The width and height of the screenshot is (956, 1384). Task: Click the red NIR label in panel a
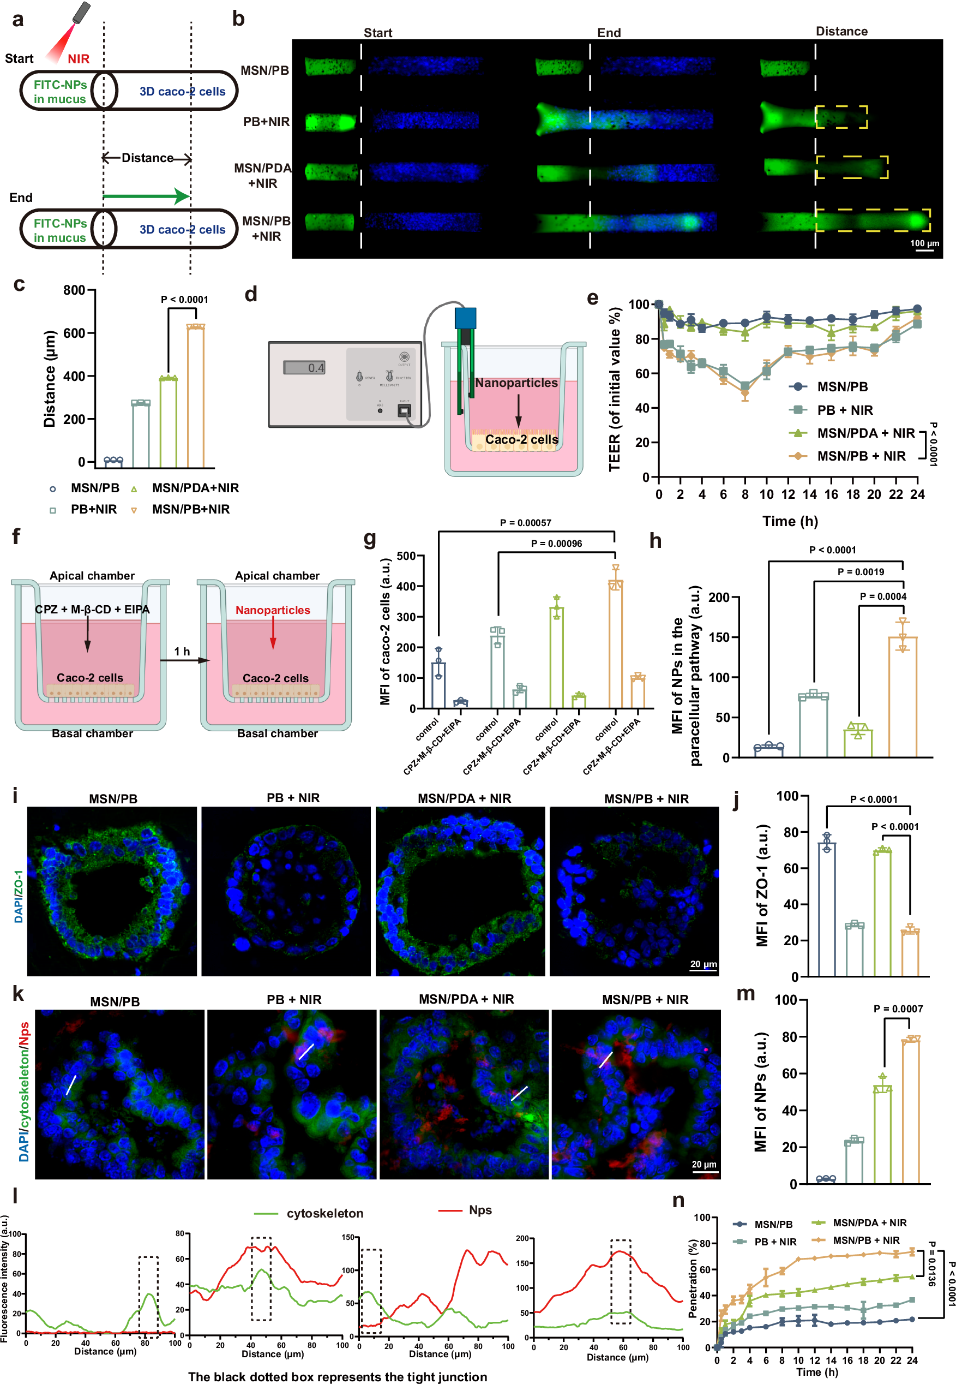[x=79, y=59]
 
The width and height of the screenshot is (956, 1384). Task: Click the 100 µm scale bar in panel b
[x=924, y=250]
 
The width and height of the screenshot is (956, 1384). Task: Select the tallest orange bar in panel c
[x=196, y=396]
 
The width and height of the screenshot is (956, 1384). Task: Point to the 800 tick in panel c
[x=74, y=290]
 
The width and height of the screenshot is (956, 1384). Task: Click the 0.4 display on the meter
[x=305, y=367]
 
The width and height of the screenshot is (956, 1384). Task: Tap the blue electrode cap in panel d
[x=465, y=318]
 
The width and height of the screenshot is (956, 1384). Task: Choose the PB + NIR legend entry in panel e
[x=845, y=410]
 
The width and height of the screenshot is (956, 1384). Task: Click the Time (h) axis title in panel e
[x=790, y=521]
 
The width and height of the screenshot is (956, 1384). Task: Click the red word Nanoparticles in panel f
[x=273, y=610]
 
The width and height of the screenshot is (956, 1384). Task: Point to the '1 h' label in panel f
[x=182, y=651]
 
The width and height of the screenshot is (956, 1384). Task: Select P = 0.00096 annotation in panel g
[x=556, y=544]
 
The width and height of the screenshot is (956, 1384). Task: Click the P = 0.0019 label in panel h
[x=860, y=572]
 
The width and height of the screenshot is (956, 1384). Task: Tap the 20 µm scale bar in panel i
[x=702, y=970]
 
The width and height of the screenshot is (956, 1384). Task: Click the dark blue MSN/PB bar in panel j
[x=827, y=908]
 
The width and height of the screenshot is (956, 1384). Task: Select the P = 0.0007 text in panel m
[x=898, y=1009]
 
